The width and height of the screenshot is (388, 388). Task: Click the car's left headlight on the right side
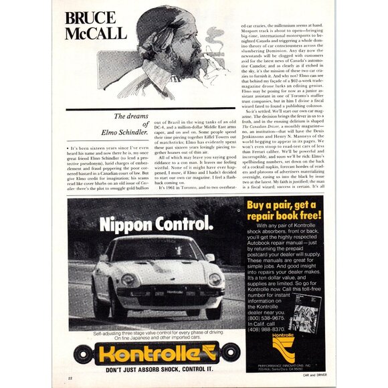click(x=215, y=278)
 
